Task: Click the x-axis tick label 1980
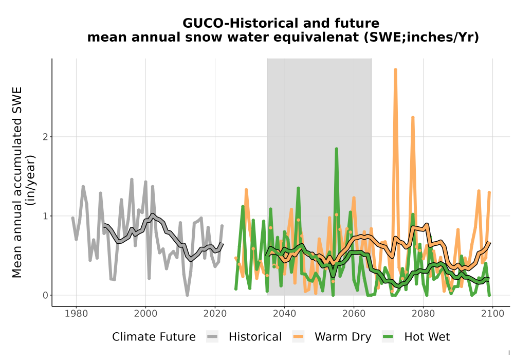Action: (76, 313)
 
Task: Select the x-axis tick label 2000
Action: (145, 313)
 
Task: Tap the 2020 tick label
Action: (215, 313)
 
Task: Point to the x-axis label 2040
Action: (285, 313)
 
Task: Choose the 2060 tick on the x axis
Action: (354, 313)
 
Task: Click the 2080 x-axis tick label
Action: (423, 313)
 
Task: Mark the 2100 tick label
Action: (493, 313)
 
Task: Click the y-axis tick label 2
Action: (46, 137)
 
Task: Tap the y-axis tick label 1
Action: (46, 216)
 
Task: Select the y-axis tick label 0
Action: (46, 295)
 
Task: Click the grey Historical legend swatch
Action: (212, 337)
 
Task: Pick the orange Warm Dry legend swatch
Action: (298, 337)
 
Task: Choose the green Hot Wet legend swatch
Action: (388, 337)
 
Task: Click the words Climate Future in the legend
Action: (154, 337)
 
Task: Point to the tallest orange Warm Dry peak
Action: (395, 69)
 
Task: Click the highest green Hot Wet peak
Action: (336, 149)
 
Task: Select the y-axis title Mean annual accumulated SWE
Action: (17, 182)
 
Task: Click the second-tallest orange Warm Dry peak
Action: (413, 117)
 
